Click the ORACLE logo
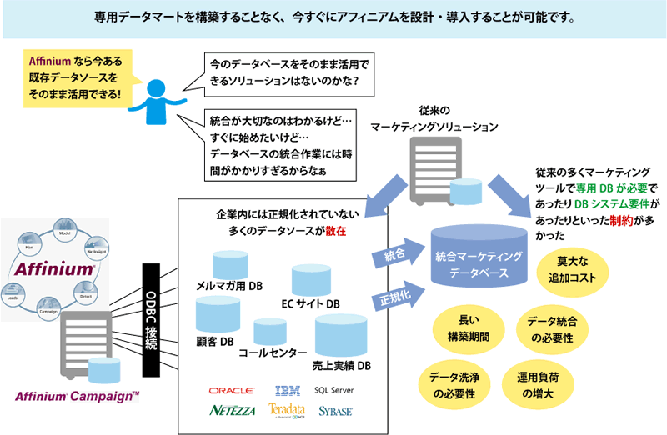coord(232,390)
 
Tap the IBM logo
coord(287,390)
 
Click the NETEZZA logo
coord(233,410)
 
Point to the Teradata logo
coord(287,410)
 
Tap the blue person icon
coord(154,100)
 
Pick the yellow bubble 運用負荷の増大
coord(543,384)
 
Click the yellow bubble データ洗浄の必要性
coord(458,384)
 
